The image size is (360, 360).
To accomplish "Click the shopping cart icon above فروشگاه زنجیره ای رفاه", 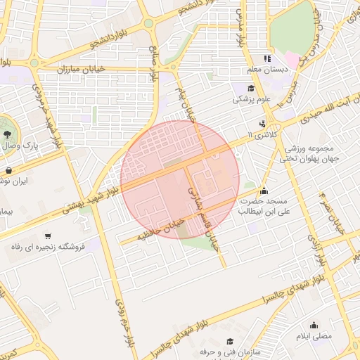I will coord(48,236).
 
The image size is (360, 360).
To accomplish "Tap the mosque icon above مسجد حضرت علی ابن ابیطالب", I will coord(264,190).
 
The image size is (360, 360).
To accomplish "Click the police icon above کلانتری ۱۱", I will coord(263,124).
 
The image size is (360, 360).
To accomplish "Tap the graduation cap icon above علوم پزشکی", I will coord(251,88).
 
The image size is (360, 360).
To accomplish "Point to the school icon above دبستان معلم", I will coord(266,58).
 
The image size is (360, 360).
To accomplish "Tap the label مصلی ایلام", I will coord(313,337).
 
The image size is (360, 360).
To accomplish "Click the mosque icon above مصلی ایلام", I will coord(314,325).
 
